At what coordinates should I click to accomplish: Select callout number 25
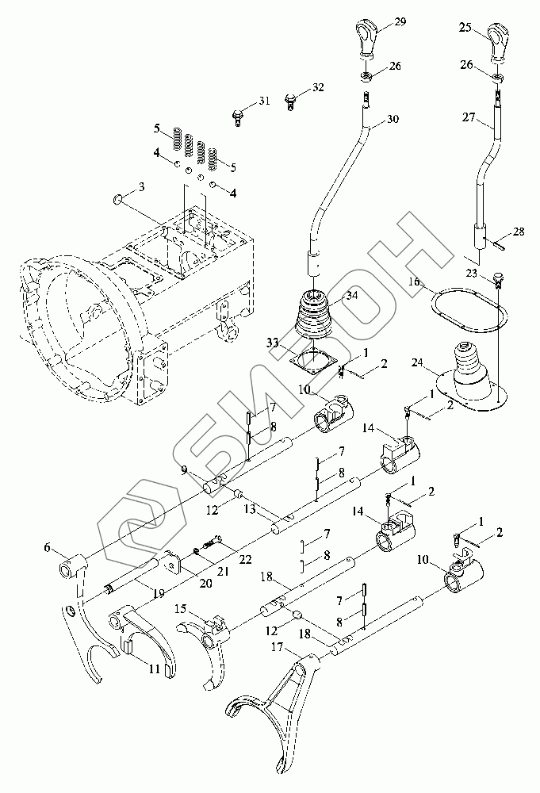click(465, 29)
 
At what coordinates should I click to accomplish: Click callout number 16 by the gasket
click(416, 282)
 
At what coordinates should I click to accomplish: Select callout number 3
click(141, 187)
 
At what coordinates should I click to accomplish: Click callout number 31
click(264, 102)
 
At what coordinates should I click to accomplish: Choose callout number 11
click(154, 668)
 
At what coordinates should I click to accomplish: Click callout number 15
click(182, 608)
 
